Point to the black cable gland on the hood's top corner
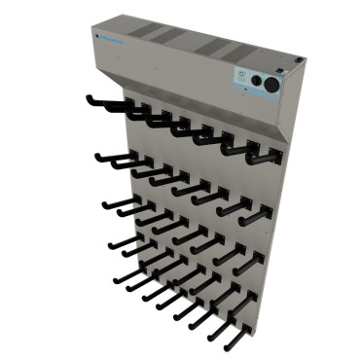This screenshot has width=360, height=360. [x=291, y=67]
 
